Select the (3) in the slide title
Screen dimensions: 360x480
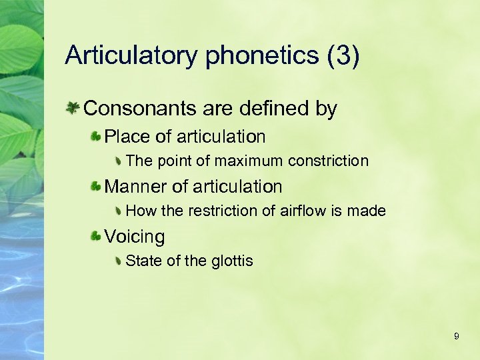click(344, 56)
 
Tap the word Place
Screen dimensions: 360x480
click(127, 137)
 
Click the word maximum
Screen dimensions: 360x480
click(248, 161)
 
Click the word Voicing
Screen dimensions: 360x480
click(135, 237)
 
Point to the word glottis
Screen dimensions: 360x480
click(231, 261)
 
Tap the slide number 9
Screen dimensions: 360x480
click(456, 337)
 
